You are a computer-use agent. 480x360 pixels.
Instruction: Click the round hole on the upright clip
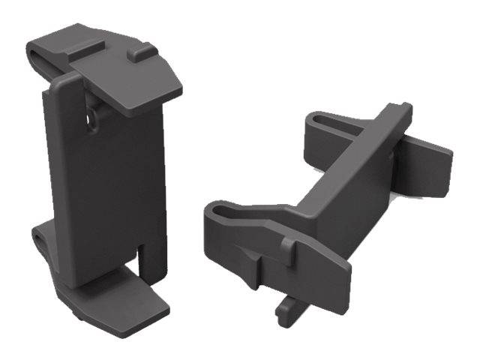92,119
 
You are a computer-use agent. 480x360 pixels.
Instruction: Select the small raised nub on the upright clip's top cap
137,55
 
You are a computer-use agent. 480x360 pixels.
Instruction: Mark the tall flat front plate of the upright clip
105,180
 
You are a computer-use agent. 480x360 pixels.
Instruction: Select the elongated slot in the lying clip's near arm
227,213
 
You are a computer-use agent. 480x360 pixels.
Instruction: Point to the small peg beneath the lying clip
284,311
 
